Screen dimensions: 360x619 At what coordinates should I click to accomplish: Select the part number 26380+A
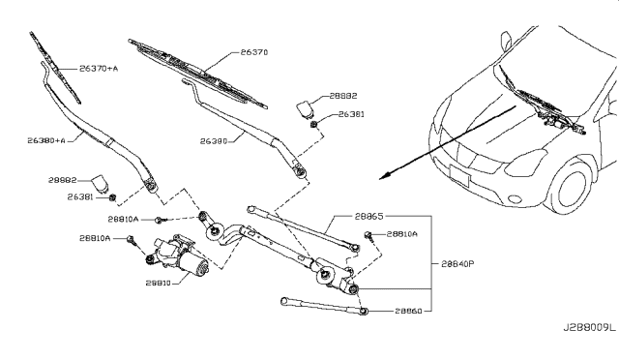pyautogui.click(x=45, y=140)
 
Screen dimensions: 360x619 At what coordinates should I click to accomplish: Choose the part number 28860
pyautogui.click(x=411, y=312)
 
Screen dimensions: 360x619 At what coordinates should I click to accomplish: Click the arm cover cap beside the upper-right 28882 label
pyautogui.click(x=307, y=105)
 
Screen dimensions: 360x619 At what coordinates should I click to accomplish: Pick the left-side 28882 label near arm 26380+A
pyautogui.click(x=61, y=180)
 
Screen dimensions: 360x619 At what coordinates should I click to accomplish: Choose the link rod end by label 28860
pyautogui.click(x=365, y=309)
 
